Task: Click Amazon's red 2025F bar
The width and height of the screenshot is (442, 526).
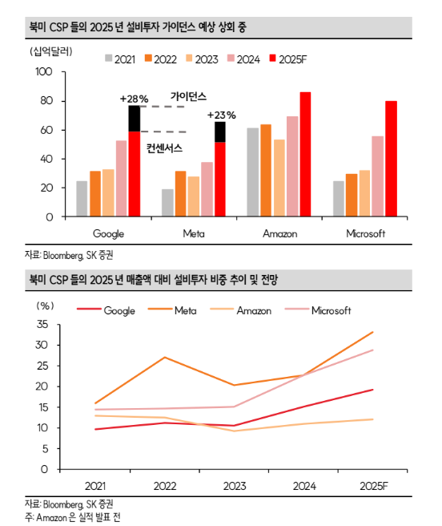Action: [x=305, y=154]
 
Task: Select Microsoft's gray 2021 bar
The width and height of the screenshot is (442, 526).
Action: [x=339, y=199]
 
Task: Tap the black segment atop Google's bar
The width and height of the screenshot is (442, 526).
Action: [x=135, y=119]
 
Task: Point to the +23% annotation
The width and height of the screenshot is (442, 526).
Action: [x=222, y=115]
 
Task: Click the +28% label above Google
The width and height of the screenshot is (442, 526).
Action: [x=134, y=99]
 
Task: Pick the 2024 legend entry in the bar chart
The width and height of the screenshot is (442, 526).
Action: [x=243, y=59]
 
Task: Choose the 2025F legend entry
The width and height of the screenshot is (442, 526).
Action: [x=288, y=59]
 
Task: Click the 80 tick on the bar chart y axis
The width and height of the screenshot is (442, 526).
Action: [x=46, y=101]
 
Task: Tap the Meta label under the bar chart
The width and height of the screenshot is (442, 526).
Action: [x=194, y=233]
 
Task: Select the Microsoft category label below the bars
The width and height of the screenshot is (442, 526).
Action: [x=366, y=233]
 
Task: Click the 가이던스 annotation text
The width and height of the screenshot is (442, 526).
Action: [x=188, y=96]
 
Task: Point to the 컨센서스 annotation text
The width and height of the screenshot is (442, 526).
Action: [x=164, y=148]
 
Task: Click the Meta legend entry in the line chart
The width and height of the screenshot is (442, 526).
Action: [x=172, y=310]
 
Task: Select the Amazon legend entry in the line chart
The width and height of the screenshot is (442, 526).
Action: [x=240, y=310]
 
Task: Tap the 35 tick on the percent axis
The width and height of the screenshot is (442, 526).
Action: [x=42, y=325]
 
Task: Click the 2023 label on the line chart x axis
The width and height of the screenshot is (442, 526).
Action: [x=235, y=486]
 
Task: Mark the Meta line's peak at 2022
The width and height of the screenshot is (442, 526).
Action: [x=164, y=358]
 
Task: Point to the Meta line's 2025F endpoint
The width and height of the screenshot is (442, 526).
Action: [x=373, y=332]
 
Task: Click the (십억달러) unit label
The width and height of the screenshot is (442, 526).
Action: [x=51, y=51]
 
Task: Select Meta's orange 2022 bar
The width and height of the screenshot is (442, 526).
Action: [x=181, y=193]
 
